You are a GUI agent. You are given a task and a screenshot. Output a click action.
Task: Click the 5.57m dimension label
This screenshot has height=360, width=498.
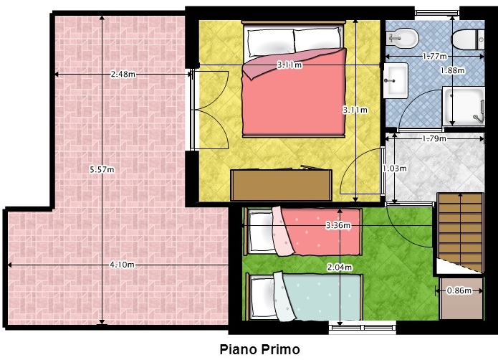(102, 170)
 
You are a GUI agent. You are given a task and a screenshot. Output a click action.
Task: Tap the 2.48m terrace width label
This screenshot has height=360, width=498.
(123, 75)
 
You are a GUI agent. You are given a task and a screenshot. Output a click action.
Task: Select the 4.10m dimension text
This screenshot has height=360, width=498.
(123, 265)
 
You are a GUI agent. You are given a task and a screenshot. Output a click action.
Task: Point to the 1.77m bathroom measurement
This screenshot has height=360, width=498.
(435, 56)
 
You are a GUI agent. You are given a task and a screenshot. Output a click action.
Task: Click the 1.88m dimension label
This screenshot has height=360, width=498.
(453, 70)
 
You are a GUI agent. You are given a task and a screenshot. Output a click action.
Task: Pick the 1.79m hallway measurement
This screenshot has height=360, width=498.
(434, 138)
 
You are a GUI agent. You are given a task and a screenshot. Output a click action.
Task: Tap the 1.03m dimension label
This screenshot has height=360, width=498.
(395, 168)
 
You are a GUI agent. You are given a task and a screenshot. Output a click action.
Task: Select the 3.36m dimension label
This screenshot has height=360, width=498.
(338, 225)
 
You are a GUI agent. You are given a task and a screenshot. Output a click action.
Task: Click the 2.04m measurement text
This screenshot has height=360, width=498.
(340, 267)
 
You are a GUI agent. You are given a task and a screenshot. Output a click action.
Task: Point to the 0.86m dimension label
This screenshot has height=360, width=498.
(459, 290)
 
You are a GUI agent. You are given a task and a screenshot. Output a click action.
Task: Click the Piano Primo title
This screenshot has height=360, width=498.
(260, 349)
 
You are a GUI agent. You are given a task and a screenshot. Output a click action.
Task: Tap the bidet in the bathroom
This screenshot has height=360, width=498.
(402, 39)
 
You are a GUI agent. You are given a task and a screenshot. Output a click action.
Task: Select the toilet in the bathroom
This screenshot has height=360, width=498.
(468, 39)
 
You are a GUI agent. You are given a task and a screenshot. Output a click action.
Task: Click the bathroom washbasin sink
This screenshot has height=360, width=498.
(396, 80)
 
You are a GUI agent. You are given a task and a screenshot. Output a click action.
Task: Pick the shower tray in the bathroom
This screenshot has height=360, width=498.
(464, 106)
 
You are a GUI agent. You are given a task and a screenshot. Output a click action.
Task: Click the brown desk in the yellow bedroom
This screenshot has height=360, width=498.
(282, 184)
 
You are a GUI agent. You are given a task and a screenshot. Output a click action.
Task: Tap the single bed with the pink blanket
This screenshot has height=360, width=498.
(304, 232)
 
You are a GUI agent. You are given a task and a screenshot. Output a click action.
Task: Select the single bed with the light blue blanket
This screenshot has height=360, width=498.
(305, 297)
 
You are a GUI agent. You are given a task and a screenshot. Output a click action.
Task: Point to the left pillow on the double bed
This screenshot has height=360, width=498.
(271, 43)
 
